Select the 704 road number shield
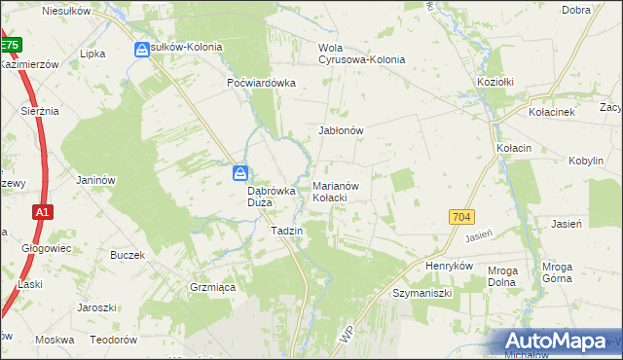click(462, 217)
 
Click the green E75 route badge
click(10, 45)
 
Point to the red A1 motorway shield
click(41, 211)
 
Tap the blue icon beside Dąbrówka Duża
click(240, 173)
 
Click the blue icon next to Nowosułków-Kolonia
click(142, 49)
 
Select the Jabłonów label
click(341, 129)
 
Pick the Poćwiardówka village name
click(261, 83)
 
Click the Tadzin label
click(287, 231)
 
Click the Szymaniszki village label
click(423, 292)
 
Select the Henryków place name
click(449, 265)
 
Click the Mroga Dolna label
click(503, 276)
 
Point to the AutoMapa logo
click(557, 341)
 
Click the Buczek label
click(128, 255)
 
